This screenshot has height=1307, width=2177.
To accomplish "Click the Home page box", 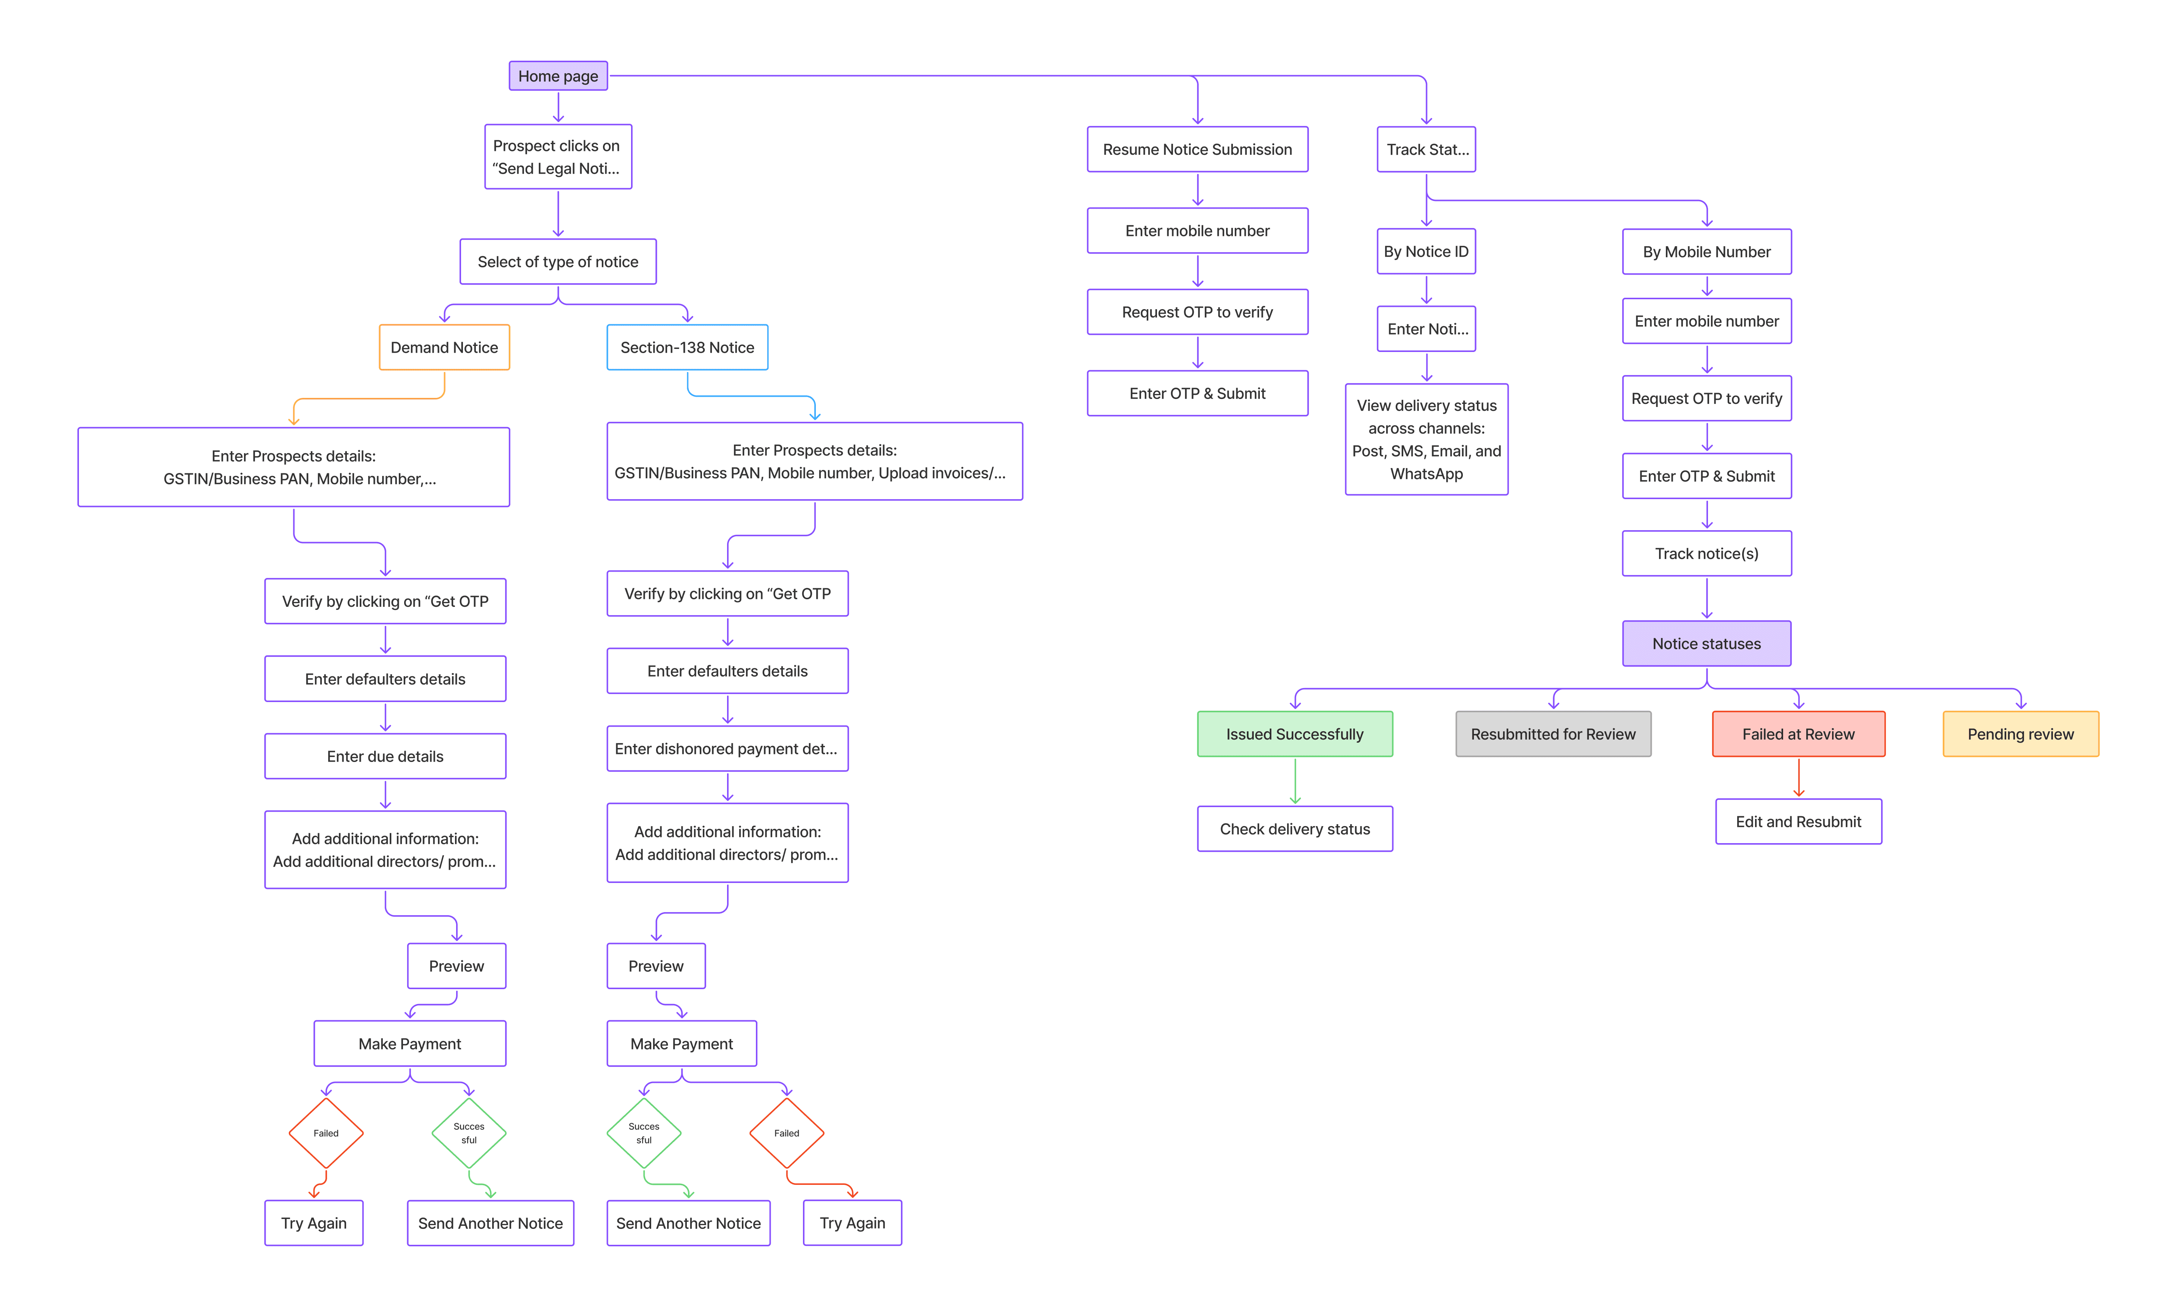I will [558, 76].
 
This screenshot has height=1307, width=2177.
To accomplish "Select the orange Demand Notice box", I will [444, 347].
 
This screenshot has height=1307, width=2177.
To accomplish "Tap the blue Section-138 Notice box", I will [687, 347].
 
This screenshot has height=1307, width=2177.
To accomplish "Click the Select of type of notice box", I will [558, 262].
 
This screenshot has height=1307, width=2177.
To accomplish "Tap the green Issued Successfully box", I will [1294, 734].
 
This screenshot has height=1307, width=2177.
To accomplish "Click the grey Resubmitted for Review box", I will [1552, 734].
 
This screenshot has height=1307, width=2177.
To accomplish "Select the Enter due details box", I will [385, 756].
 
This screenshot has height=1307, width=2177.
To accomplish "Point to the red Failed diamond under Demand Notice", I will [326, 1133].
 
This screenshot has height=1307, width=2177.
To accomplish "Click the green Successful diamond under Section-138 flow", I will [644, 1133].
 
